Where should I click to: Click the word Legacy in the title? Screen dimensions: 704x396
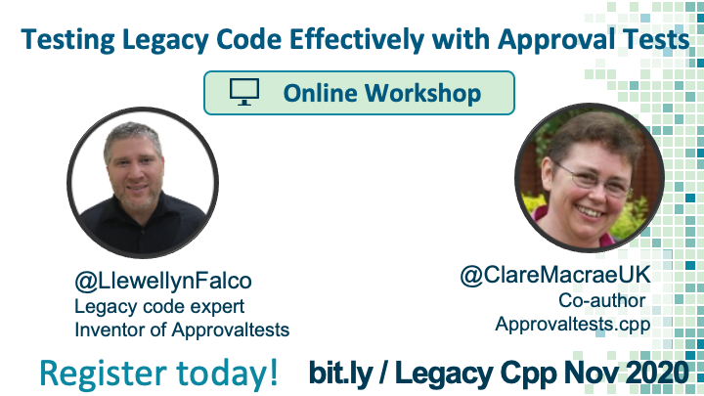(x=165, y=40)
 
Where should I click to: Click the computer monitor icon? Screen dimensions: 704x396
(x=244, y=92)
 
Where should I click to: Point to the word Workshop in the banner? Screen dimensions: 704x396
(x=422, y=94)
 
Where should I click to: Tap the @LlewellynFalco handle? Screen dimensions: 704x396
(x=163, y=282)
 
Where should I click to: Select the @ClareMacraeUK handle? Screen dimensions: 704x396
(x=555, y=275)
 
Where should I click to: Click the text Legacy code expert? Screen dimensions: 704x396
(x=159, y=307)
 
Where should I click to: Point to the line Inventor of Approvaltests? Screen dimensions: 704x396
(x=182, y=330)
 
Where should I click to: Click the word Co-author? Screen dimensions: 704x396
(x=601, y=300)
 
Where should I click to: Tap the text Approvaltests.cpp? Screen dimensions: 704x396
(x=573, y=325)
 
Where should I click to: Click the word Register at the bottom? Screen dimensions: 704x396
(x=104, y=374)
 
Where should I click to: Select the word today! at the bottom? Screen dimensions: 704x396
(x=227, y=373)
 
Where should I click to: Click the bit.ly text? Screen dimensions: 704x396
(x=341, y=373)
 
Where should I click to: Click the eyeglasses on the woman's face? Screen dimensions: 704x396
(x=593, y=179)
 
